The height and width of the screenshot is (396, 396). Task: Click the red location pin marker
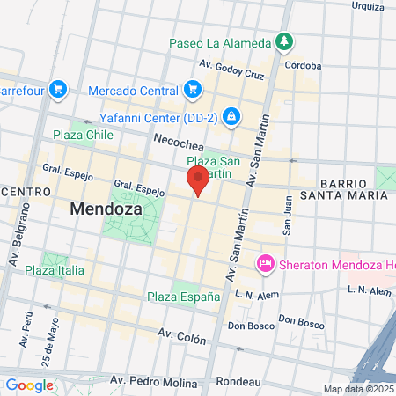pyautogui.click(x=198, y=181)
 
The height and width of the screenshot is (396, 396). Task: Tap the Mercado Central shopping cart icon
pyautogui.click(x=193, y=89)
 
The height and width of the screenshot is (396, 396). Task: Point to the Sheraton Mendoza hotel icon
pyautogui.click(x=264, y=263)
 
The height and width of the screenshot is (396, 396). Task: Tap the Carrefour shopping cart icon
pyautogui.click(x=59, y=89)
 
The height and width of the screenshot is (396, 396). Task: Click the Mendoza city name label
pyautogui.click(x=101, y=210)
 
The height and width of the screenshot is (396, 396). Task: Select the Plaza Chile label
pyautogui.click(x=83, y=135)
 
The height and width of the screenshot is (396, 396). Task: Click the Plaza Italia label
pyautogui.click(x=55, y=270)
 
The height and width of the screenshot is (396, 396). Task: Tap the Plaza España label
pyautogui.click(x=183, y=297)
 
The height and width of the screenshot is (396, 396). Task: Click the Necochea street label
pyautogui.click(x=178, y=140)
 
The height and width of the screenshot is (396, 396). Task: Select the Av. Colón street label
pyautogui.click(x=182, y=336)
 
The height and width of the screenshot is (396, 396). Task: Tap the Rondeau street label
pyautogui.click(x=239, y=381)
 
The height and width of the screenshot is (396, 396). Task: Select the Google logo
pyautogui.click(x=30, y=385)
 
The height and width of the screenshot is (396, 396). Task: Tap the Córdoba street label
pyautogui.click(x=302, y=63)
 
